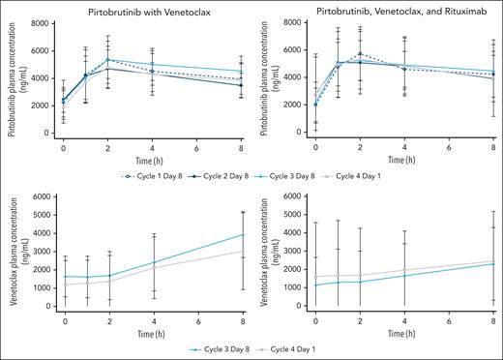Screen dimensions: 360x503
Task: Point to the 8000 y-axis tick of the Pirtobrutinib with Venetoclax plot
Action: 44,22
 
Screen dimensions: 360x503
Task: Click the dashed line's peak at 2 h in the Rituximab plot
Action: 360,54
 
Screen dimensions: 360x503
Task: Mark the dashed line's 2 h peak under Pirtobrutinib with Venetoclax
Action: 107,60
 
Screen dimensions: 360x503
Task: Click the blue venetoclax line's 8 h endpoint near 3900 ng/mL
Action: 243,234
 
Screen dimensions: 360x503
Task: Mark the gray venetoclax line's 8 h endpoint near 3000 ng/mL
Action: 243,251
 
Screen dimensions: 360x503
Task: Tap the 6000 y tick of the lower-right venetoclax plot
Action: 297,197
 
